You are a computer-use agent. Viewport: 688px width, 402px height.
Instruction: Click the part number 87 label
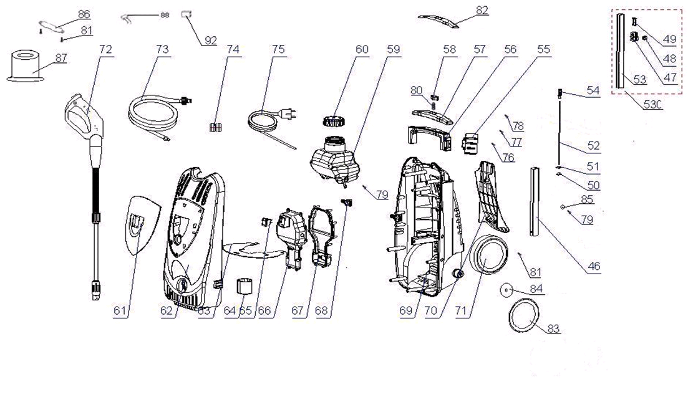[61, 58]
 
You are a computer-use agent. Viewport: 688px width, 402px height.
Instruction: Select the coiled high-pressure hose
[153, 113]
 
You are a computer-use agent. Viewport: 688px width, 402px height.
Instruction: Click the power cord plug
[288, 115]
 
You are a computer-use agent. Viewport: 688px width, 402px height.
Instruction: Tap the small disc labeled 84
[506, 290]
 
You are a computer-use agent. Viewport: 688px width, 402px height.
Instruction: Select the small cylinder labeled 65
[245, 289]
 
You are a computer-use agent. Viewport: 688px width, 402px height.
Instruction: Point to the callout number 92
[210, 41]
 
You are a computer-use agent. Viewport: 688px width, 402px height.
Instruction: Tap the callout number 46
[593, 266]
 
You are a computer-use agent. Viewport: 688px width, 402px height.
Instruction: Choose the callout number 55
[544, 49]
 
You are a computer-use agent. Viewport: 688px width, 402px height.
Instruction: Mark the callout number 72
[105, 49]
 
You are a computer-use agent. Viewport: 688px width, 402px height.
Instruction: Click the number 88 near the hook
[165, 14]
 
